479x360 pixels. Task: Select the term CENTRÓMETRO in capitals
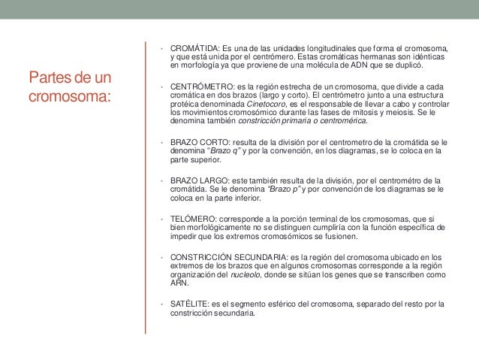[198, 86]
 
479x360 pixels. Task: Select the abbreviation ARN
[180, 285]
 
